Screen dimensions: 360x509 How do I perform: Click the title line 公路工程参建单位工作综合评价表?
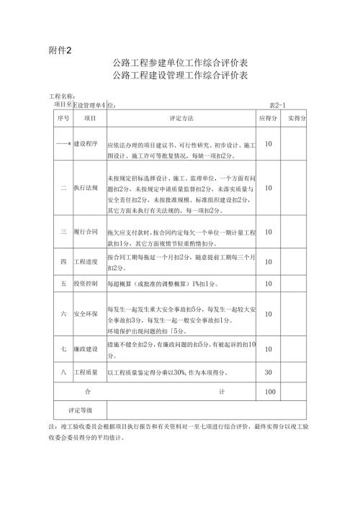point(180,63)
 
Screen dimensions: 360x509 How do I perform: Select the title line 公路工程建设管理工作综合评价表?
point(180,76)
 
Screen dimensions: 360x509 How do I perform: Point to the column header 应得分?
point(267,117)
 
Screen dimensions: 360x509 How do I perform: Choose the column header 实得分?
point(296,117)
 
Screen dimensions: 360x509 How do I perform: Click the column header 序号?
point(63,117)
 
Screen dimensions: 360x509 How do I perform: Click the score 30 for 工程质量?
point(269,372)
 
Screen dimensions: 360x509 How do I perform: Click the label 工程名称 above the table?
point(62,96)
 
